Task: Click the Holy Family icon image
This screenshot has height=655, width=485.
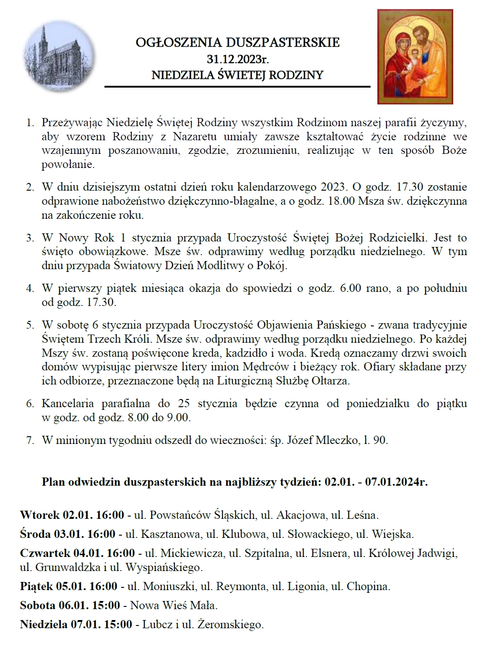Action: (x=415, y=57)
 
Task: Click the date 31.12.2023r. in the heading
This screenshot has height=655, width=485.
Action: (x=238, y=59)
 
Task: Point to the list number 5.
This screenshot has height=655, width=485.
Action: (x=30, y=325)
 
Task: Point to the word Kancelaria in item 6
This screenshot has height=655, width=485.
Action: (x=68, y=404)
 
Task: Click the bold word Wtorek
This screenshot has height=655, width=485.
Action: (x=40, y=515)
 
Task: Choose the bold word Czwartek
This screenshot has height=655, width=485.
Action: (x=45, y=553)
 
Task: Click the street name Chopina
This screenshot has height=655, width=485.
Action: (x=368, y=586)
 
